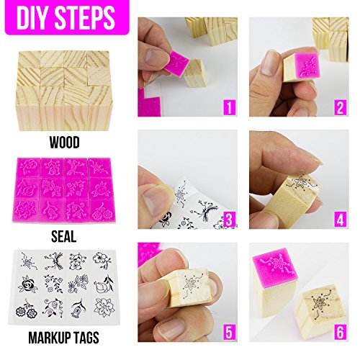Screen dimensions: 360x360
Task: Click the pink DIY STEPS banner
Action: (67, 17)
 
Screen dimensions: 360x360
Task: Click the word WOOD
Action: (65, 143)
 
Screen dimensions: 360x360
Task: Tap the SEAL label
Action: (64, 237)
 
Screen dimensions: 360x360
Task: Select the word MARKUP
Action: (50, 338)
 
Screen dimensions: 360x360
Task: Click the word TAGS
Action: (87, 338)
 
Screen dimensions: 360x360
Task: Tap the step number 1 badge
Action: (229, 107)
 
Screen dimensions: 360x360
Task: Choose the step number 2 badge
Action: (340, 107)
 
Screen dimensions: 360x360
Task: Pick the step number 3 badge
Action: (229, 220)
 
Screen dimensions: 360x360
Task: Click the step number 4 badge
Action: (340, 220)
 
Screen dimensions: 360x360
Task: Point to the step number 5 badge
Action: (229, 332)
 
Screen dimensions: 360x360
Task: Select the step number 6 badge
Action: (340, 332)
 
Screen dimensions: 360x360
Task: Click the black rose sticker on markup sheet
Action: (28, 284)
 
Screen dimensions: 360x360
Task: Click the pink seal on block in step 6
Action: (276, 265)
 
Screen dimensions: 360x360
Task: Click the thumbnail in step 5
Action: (170, 327)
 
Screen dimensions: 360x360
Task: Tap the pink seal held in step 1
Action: (177, 62)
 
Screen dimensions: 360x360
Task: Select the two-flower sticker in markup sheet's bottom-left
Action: (27, 310)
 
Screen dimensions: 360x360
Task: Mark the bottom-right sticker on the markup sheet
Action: (104, 307)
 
